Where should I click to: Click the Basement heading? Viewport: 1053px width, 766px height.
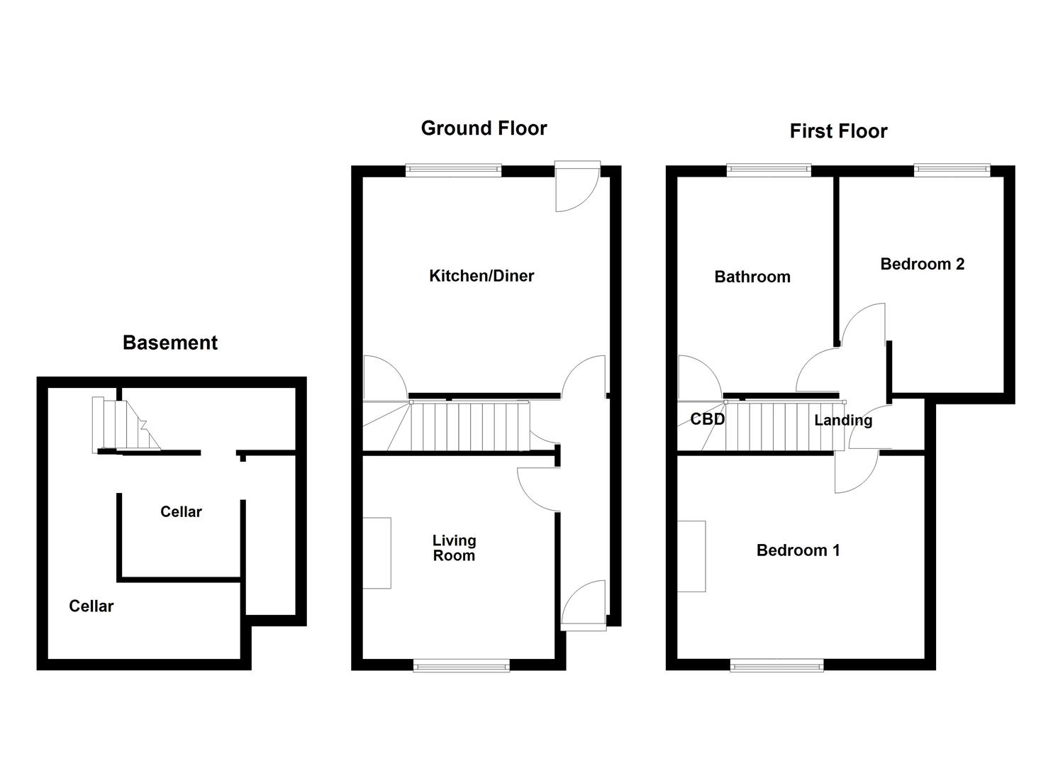(170, 343)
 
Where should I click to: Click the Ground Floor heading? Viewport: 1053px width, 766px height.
(484, 128)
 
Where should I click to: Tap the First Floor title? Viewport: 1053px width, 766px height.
(838, 131)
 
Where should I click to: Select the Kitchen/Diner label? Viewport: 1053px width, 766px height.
(481, 276)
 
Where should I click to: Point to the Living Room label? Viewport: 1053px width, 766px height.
(454, 548)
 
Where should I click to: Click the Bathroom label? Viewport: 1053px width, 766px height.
(752, 277)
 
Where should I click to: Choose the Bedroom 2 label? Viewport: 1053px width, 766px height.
(922, 264)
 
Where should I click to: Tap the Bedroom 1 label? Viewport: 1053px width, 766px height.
(798, 550)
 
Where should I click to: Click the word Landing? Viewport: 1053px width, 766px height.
(843, 420)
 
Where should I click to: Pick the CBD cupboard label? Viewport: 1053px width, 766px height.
(708, 419)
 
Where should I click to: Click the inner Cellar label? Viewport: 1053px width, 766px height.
(181, 511)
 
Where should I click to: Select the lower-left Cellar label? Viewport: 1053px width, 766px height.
(91, 606)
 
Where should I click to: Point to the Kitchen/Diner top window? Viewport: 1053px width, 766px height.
(454, 170)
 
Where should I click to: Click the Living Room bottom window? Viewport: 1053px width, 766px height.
(462, 665)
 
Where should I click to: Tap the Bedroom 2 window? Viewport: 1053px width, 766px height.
(952, 170)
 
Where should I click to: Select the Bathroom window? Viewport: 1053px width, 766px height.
(769, 170)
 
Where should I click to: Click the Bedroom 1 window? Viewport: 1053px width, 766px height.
(777, 665)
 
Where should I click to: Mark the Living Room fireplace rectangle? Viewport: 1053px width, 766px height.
(377, 553)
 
